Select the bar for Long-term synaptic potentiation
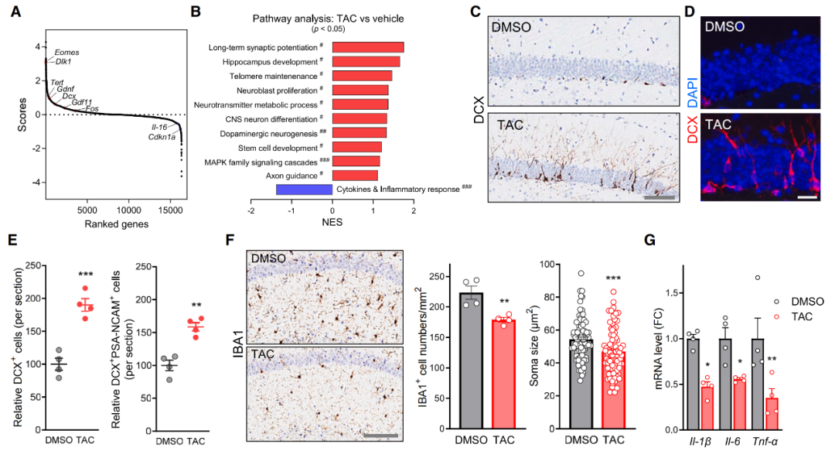(x=368, y=47)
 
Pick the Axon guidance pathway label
(x=289, y=176)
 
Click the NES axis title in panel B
(x=333, y=223)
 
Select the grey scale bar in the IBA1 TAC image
(x=380, y=436)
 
